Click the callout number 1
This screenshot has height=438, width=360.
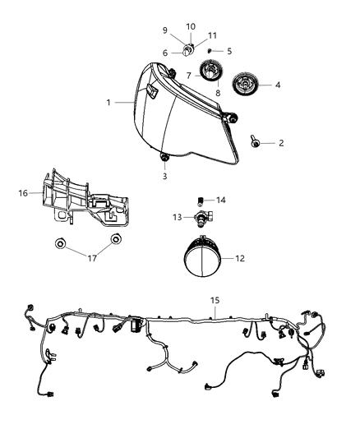tap(108, 104)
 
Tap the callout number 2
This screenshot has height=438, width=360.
tap(281, 143)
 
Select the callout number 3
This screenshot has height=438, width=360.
tap(164, 176)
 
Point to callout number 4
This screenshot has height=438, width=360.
tap(277, 85)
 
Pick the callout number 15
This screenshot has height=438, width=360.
tap(215, 302)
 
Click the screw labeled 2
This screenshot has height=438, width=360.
tap(256, 143)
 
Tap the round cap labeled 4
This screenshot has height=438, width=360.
tap(245, 85)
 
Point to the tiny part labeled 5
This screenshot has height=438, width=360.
tap(210, 51)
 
